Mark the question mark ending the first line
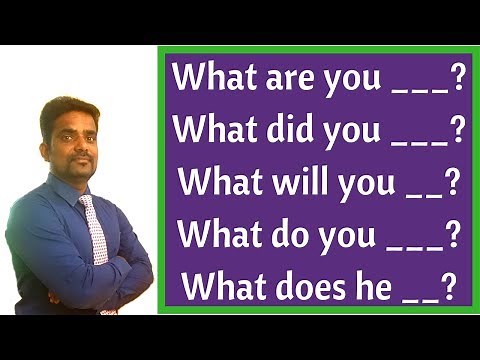coord(458,77)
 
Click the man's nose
coord(72,143)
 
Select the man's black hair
coord(68,106)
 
